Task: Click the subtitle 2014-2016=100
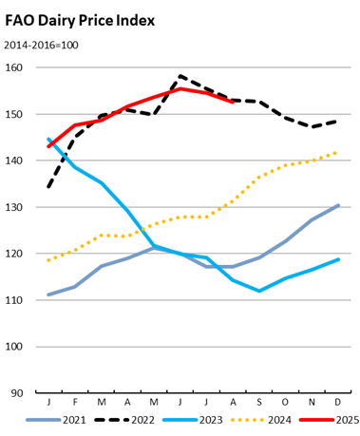point(54,45)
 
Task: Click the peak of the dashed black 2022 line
point(180,76)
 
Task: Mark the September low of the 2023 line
point(259,291)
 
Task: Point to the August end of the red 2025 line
point(233,102)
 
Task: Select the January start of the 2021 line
point(48,294)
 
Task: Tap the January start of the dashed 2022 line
point(48,186)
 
